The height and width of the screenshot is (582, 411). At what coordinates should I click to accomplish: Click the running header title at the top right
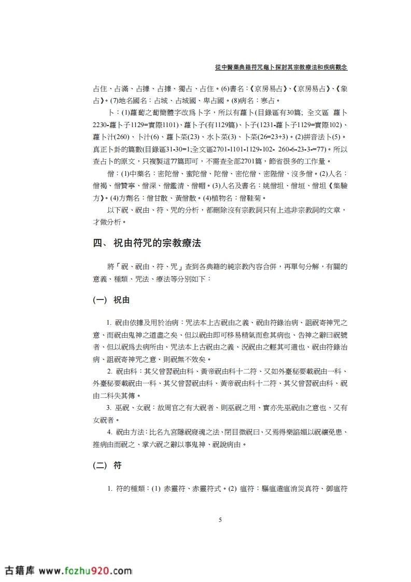click(x=280, y=67)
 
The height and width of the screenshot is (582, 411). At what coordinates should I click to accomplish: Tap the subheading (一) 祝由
click(x=111, y=300)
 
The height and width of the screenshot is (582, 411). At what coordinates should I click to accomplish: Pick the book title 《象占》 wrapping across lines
click(x=339, y=89)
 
